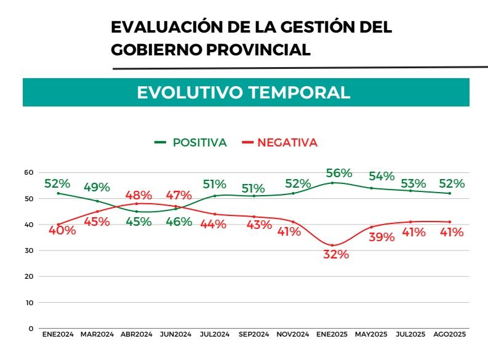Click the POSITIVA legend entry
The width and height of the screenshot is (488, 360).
(191, 143)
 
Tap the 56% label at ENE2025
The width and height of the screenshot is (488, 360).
(338, 173)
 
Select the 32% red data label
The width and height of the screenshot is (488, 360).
(336, 254)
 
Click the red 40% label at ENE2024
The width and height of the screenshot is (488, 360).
(63, 231)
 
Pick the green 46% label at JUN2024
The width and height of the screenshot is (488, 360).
(179, 222)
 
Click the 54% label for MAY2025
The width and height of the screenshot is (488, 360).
(381, 177)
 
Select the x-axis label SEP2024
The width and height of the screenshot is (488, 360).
(254, 334)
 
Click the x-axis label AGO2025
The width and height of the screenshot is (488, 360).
(449, 334)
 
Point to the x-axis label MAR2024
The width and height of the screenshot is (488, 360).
(97, 334)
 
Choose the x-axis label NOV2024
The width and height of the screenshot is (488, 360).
(293, 334)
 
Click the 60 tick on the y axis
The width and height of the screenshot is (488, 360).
(29, 172)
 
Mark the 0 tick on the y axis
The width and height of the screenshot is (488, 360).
(31, 329)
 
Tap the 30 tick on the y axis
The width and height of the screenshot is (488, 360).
(29, 250)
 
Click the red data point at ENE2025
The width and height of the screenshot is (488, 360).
(332, 246)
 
